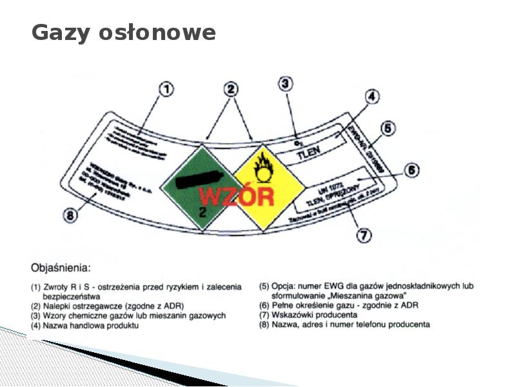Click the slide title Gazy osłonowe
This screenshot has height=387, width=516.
(x=123, y=32)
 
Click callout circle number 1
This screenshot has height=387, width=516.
(x=166, y=90)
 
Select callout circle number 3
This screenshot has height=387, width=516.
(x=286, y=84)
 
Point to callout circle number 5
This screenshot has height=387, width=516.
(x=387, y=129)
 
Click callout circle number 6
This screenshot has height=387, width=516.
(x=411, y=170)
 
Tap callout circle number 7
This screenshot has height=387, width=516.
(x=364, y=235)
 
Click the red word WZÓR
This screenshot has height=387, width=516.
(x=236, y=195)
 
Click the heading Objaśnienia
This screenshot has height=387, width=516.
(x=61, y=266)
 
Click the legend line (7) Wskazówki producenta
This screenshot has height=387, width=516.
(x=308, y=315)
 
